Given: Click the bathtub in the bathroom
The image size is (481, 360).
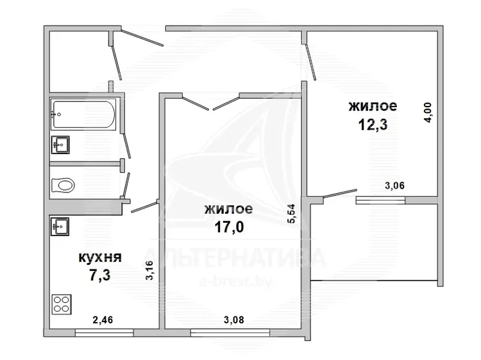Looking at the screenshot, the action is [x=83, y=114].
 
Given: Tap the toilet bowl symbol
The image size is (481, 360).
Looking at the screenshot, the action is [x=63, y=185].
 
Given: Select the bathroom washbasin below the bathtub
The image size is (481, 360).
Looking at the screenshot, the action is [x=60, y=144].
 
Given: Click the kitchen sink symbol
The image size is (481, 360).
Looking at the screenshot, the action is [x=60, y=227].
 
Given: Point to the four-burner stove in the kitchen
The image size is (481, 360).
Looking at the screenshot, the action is [x=62, y=304].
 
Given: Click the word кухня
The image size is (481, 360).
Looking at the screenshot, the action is [x=100, y=257].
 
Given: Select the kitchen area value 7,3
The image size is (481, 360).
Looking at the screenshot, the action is [x=99, y=275].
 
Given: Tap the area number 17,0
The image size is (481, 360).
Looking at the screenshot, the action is [x=229, y=227].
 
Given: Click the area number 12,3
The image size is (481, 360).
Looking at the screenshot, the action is [x=373, y=124].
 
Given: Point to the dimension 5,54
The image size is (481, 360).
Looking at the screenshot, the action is [x=291, y=214].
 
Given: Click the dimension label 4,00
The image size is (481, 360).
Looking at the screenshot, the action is [x=428, y=112].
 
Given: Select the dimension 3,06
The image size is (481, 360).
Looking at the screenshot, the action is [x=394, y=185].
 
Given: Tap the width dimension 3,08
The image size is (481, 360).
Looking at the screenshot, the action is [x=233, y=320].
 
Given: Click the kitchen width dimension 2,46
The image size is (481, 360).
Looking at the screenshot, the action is [x=103, y=320].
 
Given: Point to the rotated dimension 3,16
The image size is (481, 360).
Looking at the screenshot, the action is [x=149, y=270].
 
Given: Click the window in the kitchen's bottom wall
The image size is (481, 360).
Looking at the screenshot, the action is [x=105, y=332].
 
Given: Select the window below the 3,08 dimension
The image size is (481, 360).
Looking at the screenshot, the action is [x=230, y=332].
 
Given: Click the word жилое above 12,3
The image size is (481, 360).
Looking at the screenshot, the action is [x=373, y=106].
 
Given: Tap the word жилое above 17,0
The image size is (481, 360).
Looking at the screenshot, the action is [x=229, y=209].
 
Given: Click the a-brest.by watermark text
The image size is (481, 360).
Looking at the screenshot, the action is [x=235, y=281].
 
